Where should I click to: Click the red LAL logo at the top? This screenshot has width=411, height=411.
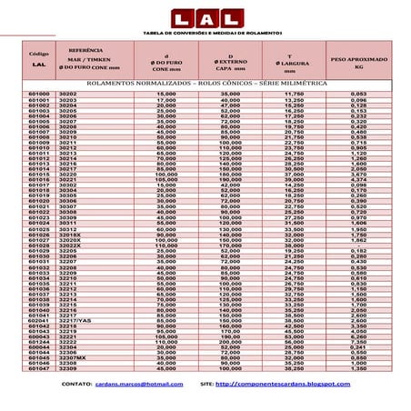click(x=206, y=18)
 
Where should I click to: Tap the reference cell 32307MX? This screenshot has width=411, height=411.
click(x=73, y=358)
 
